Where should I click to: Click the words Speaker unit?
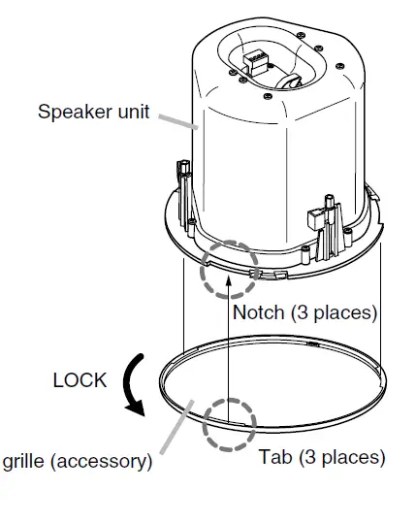[x=94, y=111]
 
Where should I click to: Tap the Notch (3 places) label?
[x=304, y=312]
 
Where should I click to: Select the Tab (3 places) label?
[x=322, y=456]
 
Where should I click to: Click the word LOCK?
[x=80, y=380]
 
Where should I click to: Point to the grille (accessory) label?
[x=77, y=461]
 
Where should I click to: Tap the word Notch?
[x=259, y=312]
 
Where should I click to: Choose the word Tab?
[x=274, y=456]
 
